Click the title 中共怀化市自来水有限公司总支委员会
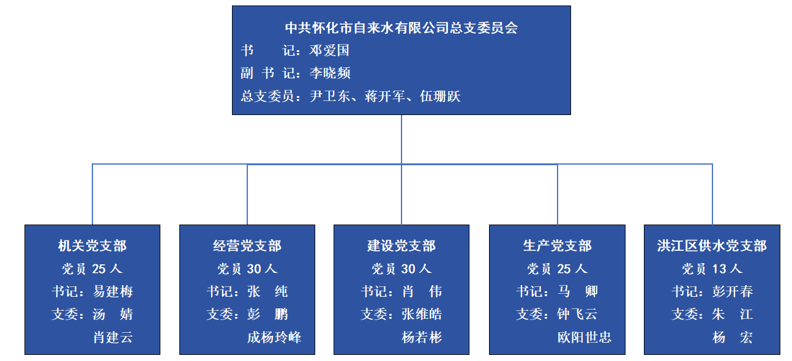pos(402,28)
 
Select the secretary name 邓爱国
pos(329,50)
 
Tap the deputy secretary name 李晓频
pos(330,73)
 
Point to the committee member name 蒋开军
pos(385,96)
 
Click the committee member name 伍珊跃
pos(440,96)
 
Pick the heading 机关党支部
pos(92,246)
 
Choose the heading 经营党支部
pos(247,246)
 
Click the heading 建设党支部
pos(402,246)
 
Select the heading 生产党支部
pos(557,246)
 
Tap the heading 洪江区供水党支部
pos(712,246)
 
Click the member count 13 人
pos(727,269)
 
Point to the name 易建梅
pos(113,291)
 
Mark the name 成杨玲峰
pos(274,337)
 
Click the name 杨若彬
pos(422,337)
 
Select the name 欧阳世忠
pos(585,337)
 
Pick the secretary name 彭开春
pos(733,291)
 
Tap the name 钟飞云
pos(577,314)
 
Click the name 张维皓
pos(422,314)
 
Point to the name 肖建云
pos(113,337)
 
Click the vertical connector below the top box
pos(402,140)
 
